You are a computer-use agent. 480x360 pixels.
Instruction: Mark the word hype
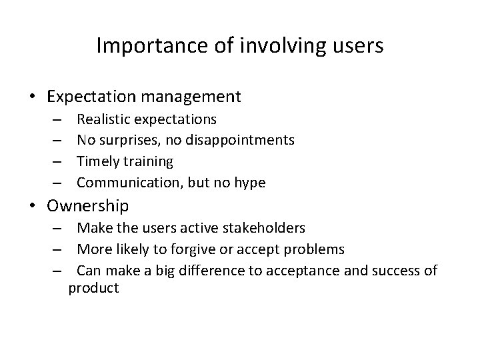point(250,182)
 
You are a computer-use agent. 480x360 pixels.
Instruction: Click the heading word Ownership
point(88,205)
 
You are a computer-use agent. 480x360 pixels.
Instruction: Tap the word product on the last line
point(94,288)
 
